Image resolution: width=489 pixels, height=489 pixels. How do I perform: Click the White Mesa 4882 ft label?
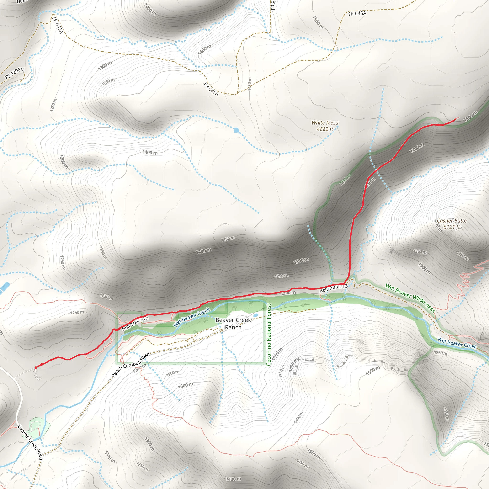pos(325,126)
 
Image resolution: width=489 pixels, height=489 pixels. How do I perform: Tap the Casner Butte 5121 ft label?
pos(452,224)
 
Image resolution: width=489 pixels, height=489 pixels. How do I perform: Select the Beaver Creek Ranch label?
pos(233,324)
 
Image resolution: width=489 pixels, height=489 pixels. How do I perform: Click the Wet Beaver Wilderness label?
pos(410,298)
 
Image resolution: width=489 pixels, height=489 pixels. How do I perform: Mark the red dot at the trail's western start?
pos(36,367)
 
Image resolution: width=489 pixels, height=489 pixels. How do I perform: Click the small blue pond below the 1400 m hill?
pos(236,130)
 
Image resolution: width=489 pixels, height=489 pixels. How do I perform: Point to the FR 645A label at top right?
pos(357,13)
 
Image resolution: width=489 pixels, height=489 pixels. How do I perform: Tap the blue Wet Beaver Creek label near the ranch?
pos(191,317)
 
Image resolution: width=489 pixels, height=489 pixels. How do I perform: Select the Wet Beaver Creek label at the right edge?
pos(457,343)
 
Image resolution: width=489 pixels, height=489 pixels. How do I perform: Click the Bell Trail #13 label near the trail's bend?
pos(333,288)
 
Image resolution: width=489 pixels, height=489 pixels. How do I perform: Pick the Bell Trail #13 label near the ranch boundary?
pos(135,323)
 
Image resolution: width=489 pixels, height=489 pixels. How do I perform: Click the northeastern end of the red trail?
pos(456,119)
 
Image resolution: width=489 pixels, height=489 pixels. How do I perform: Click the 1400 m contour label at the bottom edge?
pos(233,479)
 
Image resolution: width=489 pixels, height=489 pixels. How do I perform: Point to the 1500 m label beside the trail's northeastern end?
pos(470,116)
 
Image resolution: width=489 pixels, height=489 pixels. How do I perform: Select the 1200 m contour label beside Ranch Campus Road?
pos(139,368)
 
